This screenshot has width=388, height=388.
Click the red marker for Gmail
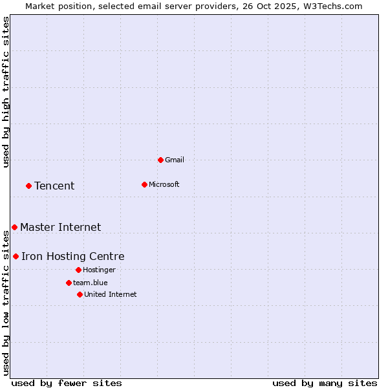tap(160, 160)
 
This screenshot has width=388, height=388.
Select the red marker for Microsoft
tap(144, 184)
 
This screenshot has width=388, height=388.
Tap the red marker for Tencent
tap(28, 186)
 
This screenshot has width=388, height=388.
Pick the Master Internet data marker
tap(14, 227)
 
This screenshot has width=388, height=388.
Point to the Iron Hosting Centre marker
tap(16, 257)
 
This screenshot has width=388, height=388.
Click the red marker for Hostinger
tap(78, 270)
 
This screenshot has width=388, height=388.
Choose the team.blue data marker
tap(69, 283)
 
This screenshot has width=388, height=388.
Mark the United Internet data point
tap(80, 294)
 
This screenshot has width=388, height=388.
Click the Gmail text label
tap(175, 160)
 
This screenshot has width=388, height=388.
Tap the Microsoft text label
tap(164, 184)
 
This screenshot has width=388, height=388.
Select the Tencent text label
tap(54, 186)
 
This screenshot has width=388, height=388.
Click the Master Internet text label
tap(60, 227)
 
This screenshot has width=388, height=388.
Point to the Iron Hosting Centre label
tap(72, 257)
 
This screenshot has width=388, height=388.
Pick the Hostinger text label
tap(99, 270)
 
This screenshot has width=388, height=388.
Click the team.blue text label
tap(90, 283)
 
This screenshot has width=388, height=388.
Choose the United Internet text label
tap(110, 294)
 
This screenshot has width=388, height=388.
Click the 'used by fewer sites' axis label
tap(67, 383)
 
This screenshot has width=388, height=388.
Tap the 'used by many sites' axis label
tap(325, 383)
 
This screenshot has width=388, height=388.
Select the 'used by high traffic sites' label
tap(6, 92)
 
